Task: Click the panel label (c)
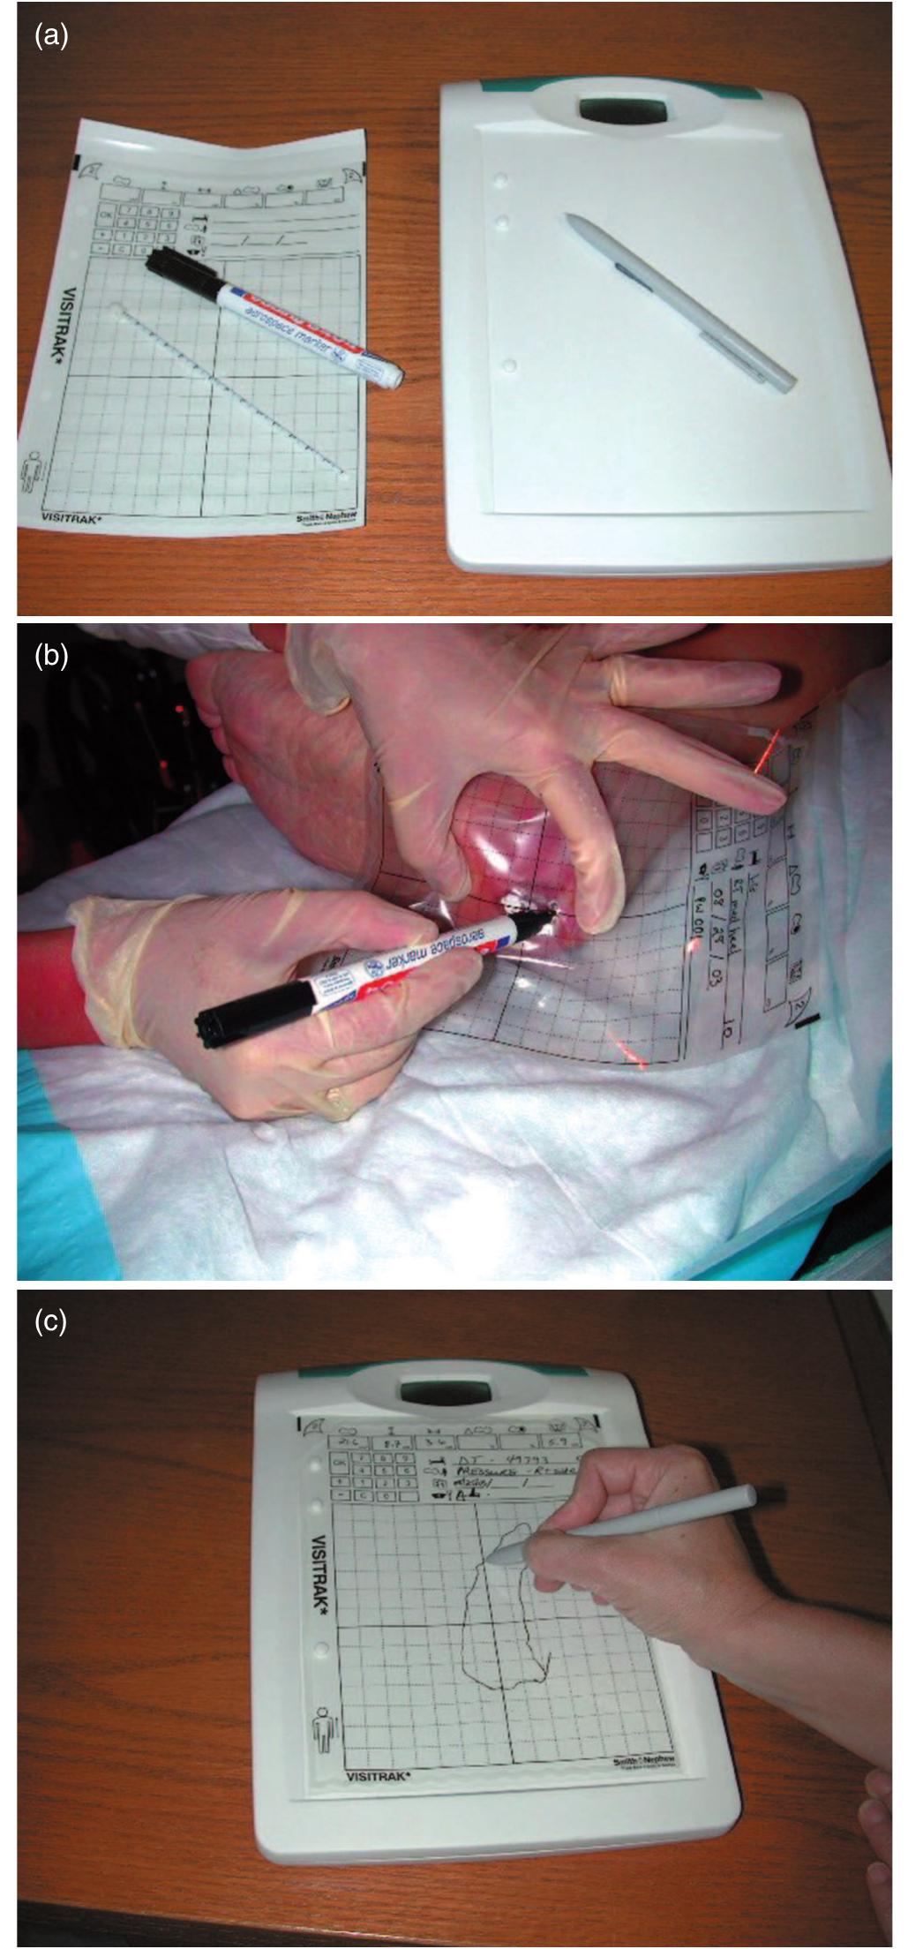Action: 50,1321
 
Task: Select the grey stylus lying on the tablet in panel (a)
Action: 679,297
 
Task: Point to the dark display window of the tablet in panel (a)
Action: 622,109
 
